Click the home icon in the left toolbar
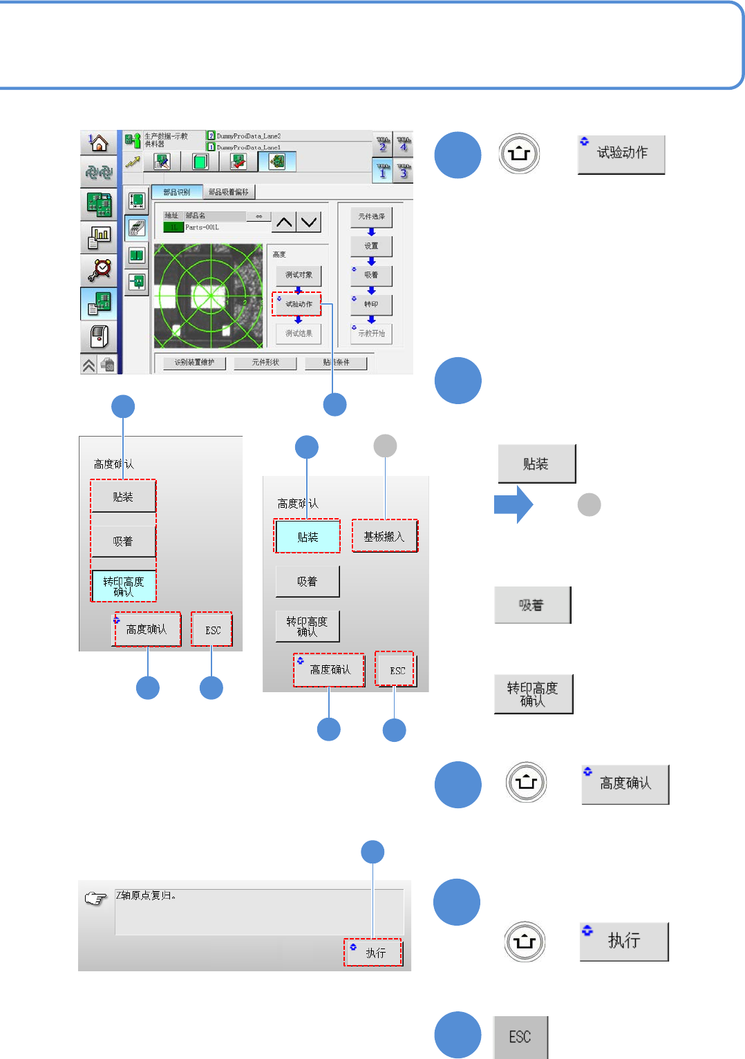pyautogui.click(x=98, y=143)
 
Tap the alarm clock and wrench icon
pyautogui.click(x=100, y=269)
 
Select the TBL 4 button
pyautogui.click(x=404, y=144)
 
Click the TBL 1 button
pyautogui.click(x=383, y=170)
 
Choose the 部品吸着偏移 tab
pyautogui.click(x=229, y=192)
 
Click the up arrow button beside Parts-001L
pyautogui.click(x=284, y=222)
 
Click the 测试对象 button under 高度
pyautogui.click(x=299, y=275)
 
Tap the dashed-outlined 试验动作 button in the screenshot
pyautogui.click(x=299, y=304)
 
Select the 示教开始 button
pyautogui.click(x=371, y=334)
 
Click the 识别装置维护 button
pyautogui.click(x=194, y=363)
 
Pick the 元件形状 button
pyautogui.click(x=265, y=363)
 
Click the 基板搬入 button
pyautogui.click(x=384, y=536)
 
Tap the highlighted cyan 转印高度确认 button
pyautogui.click(x=124, y=586)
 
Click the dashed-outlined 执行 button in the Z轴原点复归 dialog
pyautogui.click(x=373, y=953)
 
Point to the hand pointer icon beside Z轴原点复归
pyautogui.click(x=95, y=898)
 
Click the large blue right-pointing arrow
pyautogui.click(x=513, y=505)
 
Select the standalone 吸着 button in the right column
pyautogui.click(x=532, y=605)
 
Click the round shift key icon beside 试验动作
pyautogui.click(x=519, y=153)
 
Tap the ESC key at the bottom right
pyautogui.click(x=520, y=1037)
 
